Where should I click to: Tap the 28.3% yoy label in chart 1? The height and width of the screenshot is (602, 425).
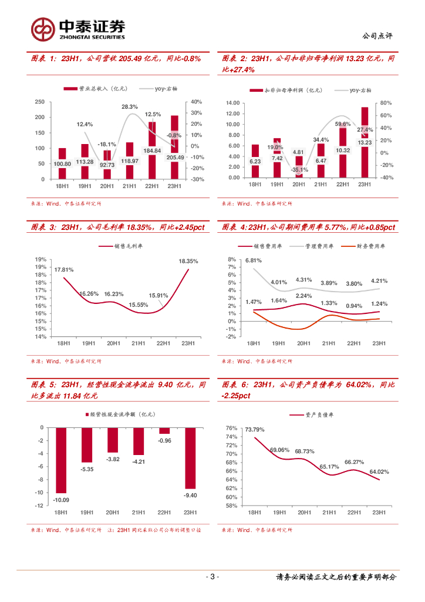coord(130,107)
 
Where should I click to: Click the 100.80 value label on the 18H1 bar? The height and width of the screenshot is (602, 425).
coord(62,164)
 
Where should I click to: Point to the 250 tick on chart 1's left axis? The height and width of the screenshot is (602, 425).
coord(40,102)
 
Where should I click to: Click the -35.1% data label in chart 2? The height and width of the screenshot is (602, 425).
coord(299,169)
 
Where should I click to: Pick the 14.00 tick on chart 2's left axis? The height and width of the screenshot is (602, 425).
coord(232,103)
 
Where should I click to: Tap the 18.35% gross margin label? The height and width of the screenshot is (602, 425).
coord(188,261)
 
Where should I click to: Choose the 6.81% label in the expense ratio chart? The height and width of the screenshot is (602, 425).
coord(254,260)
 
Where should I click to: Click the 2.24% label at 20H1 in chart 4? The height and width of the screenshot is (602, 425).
coord(303,296)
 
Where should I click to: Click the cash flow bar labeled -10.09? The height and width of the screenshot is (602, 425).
coord(61,460)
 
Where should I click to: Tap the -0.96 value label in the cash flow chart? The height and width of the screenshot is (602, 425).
coord(165,440)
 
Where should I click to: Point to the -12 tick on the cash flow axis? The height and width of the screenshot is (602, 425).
coord(40,506)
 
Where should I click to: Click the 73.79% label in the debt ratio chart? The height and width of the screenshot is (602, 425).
coord(255,430)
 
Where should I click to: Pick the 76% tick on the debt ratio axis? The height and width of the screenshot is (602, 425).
coord(231,428)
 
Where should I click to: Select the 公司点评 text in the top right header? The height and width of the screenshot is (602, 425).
coord(378,36)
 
